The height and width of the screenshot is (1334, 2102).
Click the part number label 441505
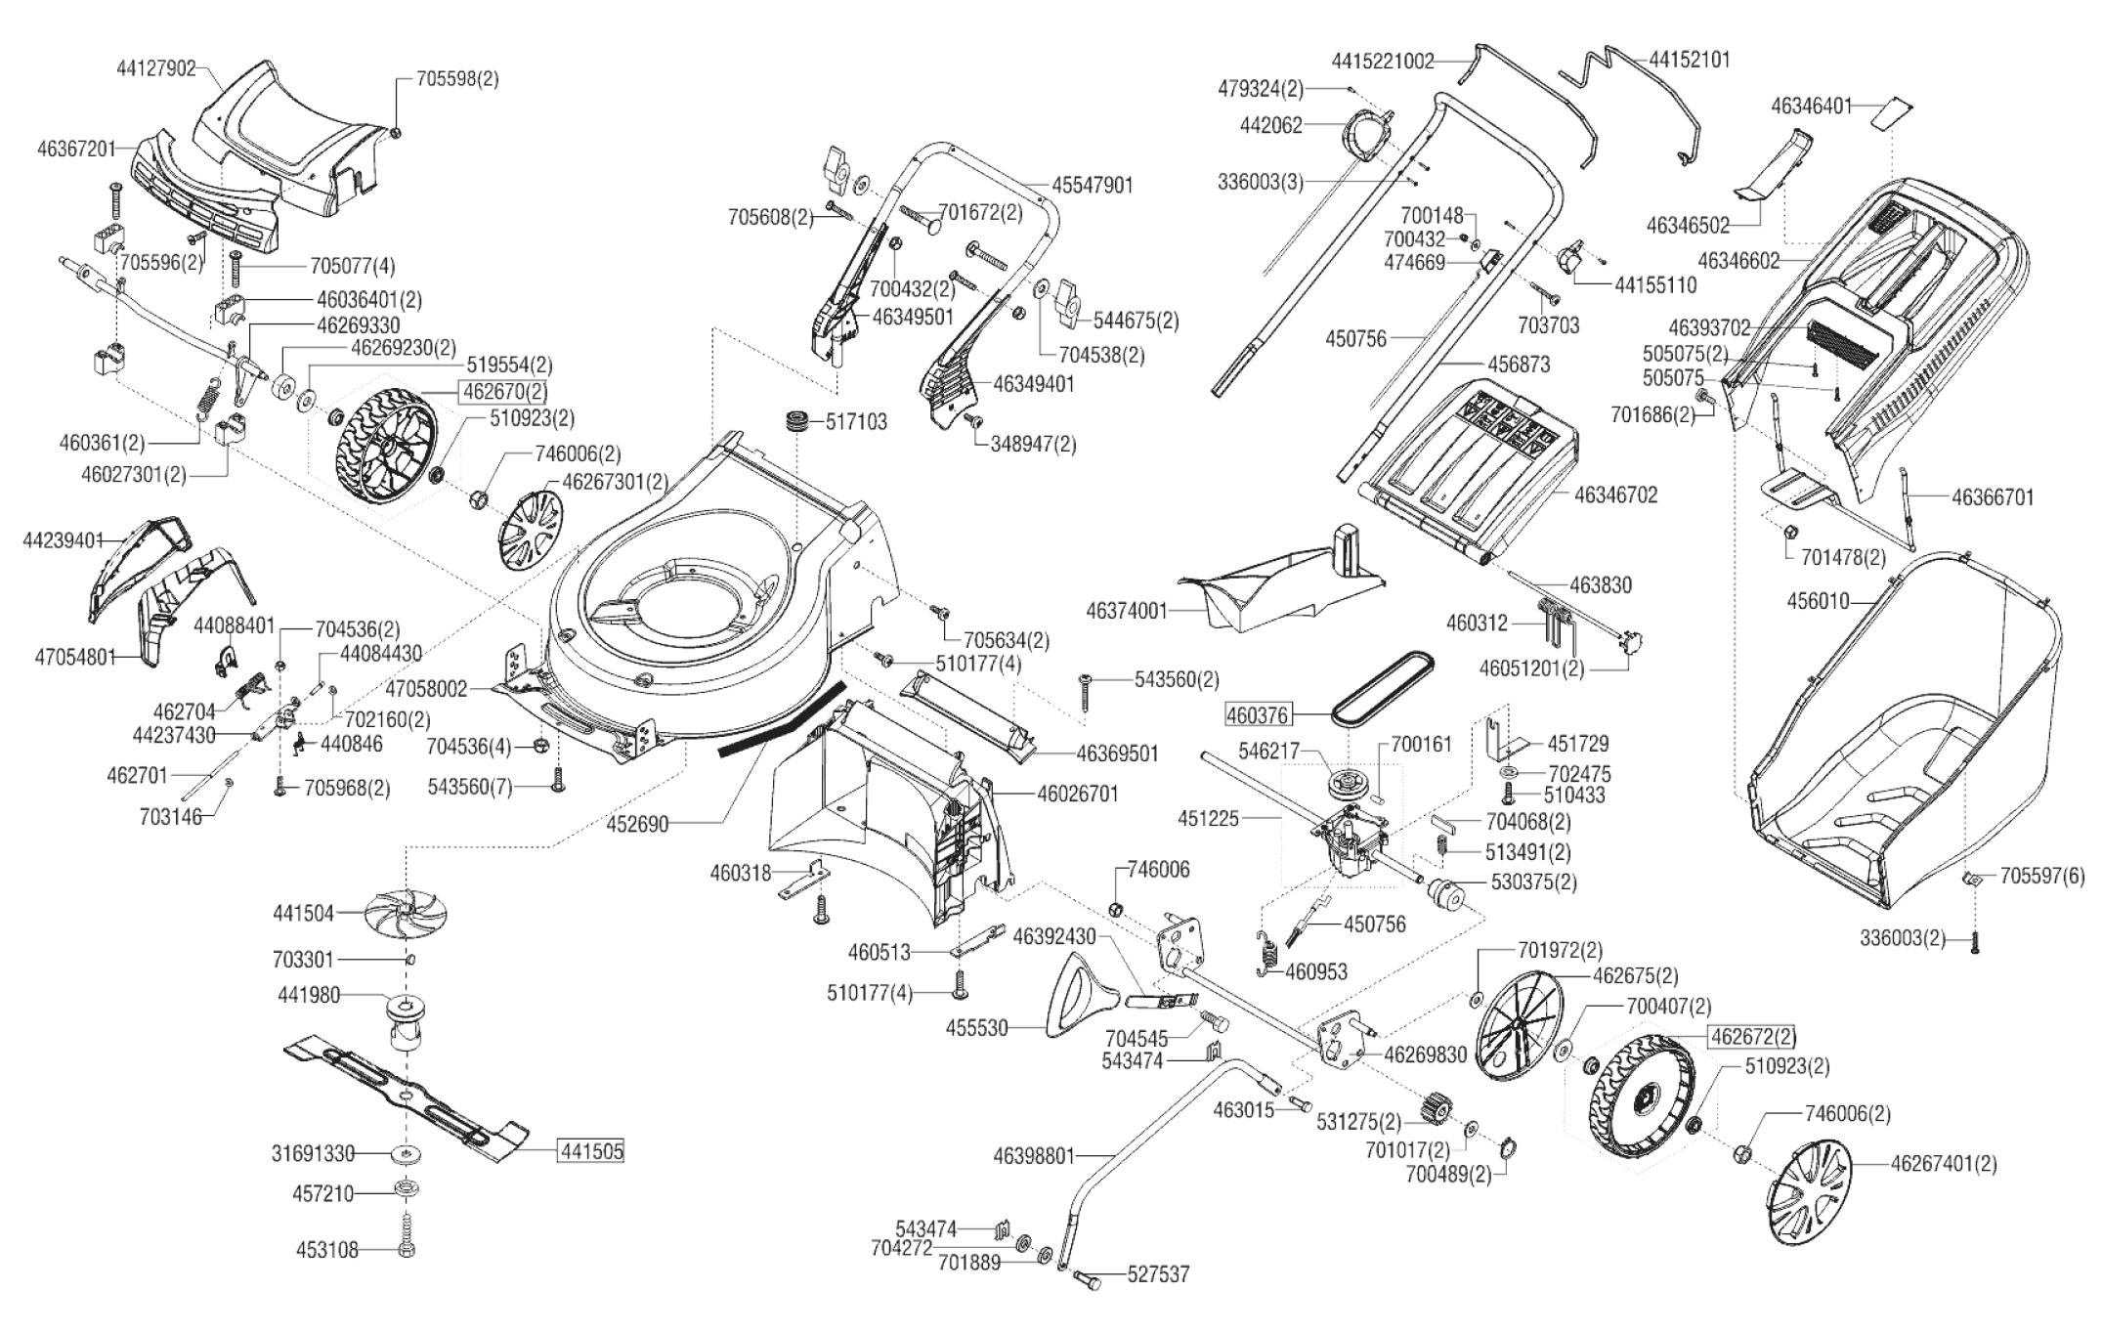tap(590, 1151)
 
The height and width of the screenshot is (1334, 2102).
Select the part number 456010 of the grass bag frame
tap(1818, 600)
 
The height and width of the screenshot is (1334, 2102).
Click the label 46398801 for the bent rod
tap(1034, 1156)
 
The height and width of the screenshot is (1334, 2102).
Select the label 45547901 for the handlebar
tap(1093, 185)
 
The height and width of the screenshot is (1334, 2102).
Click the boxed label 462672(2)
tap(1751, 1036)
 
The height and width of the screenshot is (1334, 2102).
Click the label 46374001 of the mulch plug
tap(1127, 611)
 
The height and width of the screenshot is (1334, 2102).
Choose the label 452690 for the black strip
tap(637, 824)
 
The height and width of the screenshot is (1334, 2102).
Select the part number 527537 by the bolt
tap(1159, 1274)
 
